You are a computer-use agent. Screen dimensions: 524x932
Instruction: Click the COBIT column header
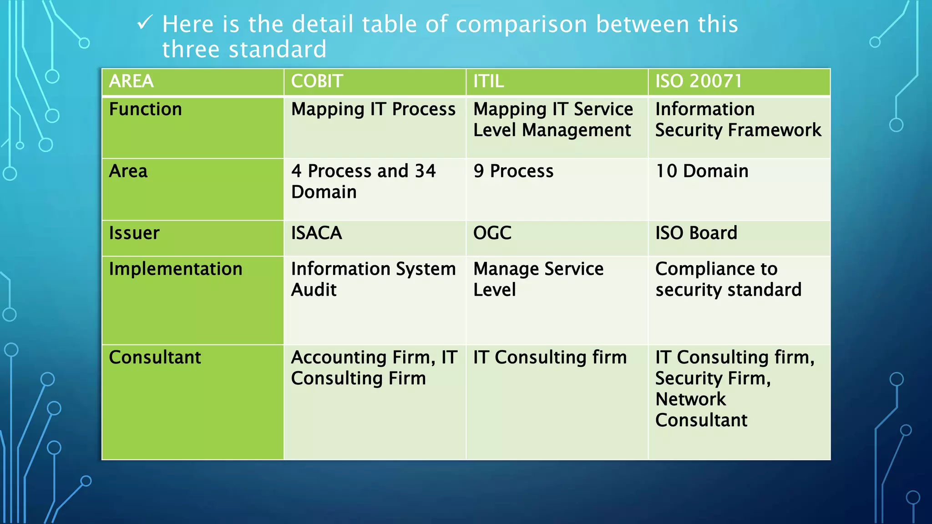317,81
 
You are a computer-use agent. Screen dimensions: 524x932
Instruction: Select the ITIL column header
488,81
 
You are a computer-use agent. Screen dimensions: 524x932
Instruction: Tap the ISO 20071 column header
699,81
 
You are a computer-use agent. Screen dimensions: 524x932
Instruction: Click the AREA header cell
132,81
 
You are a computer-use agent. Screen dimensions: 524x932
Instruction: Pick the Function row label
146,110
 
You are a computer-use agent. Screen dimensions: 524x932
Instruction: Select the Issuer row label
134,233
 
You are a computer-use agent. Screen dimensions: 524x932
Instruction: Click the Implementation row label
176,269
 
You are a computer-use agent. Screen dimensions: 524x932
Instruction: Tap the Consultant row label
155,358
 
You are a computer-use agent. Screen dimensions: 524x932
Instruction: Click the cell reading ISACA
317,233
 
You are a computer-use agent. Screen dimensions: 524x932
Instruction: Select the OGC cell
492,233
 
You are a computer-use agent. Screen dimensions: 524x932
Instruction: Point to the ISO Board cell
696,233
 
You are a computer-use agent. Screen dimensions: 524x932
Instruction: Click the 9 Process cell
513,171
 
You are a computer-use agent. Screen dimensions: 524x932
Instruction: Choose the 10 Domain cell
702,171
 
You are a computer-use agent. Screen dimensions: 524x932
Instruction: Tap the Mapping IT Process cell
373,110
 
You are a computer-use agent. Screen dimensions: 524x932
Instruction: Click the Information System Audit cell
373,279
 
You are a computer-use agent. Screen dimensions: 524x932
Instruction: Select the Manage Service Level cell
538,279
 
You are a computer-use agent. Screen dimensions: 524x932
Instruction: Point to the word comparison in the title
522,24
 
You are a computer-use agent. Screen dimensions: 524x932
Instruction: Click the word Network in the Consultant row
690,399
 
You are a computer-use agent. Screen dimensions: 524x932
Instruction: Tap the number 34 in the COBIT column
425,171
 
